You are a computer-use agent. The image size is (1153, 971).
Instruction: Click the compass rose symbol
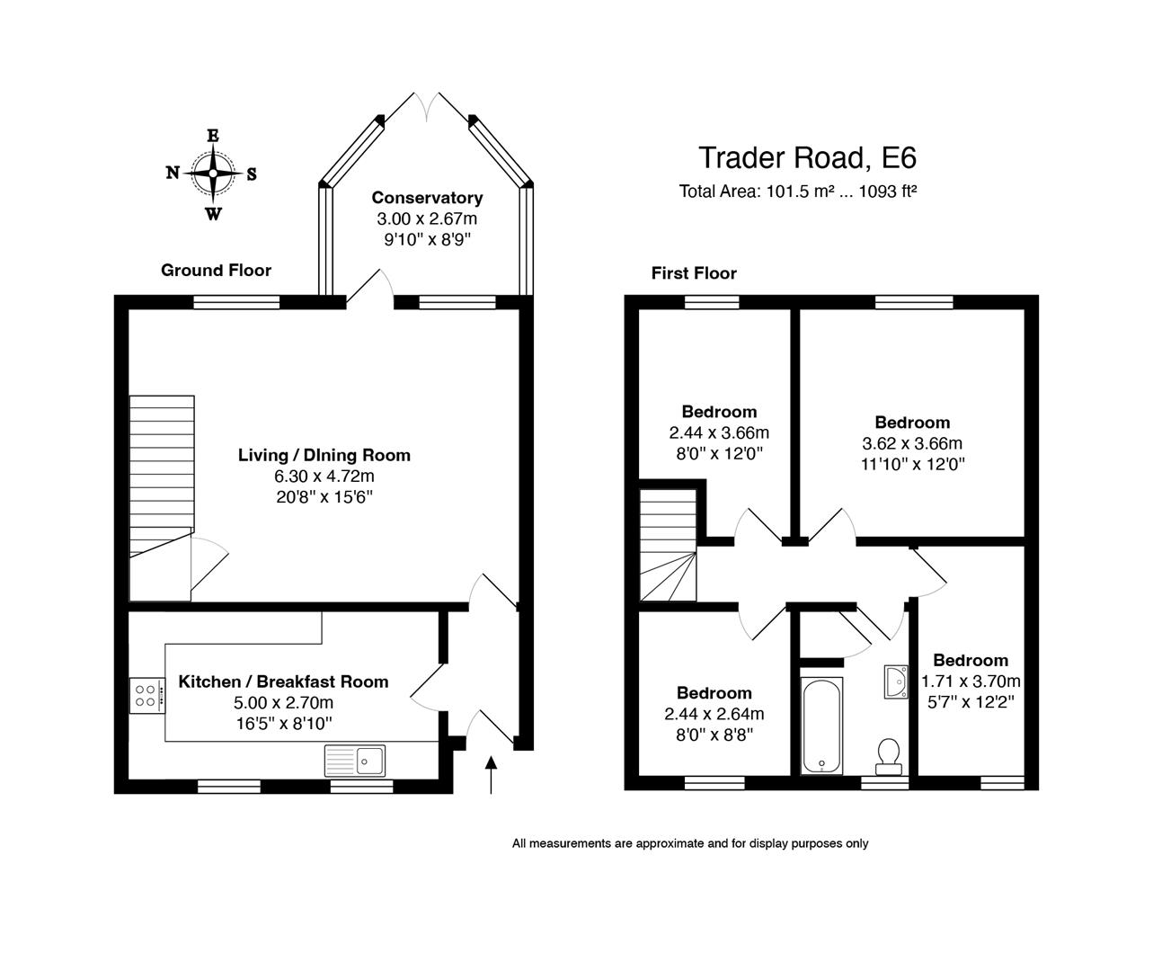(x=212, y=174)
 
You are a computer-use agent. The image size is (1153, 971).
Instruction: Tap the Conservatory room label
(x=427, y=198)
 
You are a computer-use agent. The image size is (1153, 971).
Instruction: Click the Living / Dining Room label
(x=324, y=455)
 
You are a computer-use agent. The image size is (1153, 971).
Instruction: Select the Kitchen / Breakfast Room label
(x=283, y=681)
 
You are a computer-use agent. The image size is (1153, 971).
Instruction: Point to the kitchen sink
(x=355, y=761)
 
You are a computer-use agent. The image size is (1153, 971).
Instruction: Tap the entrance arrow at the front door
(x=491, y=774)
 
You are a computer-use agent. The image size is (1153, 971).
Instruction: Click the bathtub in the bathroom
(x=821, y=726)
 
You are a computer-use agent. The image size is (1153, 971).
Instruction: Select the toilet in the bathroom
(x=889, y=753)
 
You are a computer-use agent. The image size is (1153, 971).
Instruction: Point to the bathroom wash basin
(x=896, y=681)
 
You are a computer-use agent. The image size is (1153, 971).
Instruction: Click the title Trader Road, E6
(x=807, y=157)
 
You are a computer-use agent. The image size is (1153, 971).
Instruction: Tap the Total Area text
(x=797, y=191)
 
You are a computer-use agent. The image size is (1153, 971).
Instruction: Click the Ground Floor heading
(x=216, y=270)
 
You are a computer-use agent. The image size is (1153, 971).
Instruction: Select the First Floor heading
(x=694, y=273)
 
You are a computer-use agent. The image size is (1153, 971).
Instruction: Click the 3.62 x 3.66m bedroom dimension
(x=912, y=443)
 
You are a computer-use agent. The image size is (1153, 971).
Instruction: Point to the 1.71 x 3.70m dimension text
(x=971, y=681)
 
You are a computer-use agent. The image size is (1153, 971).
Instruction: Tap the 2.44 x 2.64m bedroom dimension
(x=714, y=714)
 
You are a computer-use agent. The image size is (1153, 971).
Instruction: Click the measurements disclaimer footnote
(x=690, y=843)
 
